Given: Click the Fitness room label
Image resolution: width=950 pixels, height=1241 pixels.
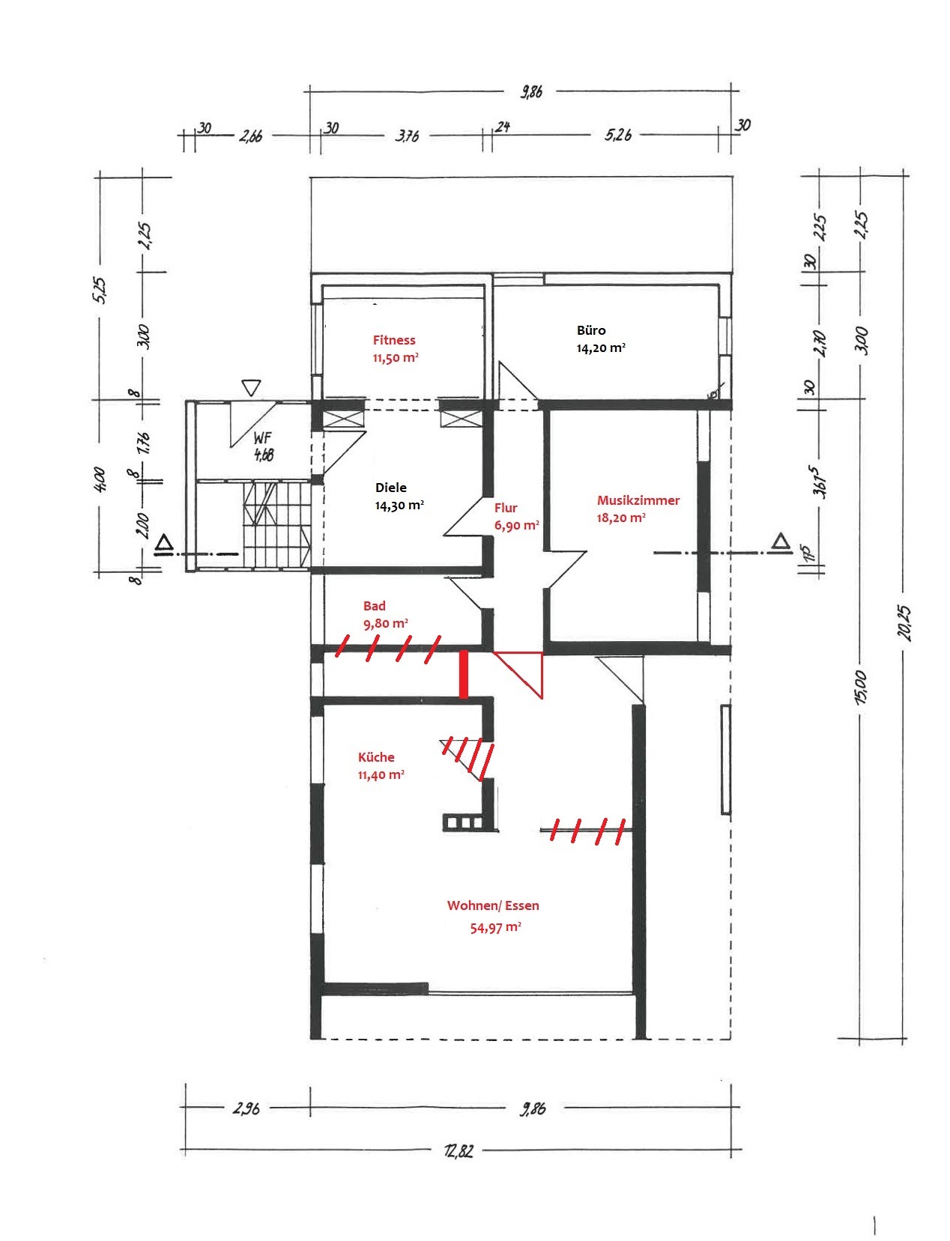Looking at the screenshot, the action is pos(394,340).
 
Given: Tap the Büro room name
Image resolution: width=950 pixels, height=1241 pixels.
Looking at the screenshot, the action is pos(591,330).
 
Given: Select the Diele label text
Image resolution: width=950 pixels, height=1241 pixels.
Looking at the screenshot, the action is pos(391,488).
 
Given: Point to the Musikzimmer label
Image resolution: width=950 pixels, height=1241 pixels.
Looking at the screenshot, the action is pos(638,500).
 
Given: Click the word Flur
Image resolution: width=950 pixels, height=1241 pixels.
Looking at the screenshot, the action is pos(506,508).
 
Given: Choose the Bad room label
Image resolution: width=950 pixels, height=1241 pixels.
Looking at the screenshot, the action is pos(375,605).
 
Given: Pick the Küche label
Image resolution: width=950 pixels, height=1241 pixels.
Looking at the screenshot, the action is pos(376,757).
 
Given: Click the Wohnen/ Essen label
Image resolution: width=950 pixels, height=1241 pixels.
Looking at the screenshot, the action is pos(493,905).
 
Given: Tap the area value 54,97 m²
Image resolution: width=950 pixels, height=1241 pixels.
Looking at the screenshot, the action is pos(496,927).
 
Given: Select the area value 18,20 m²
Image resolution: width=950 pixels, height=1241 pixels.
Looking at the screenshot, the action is pos(621,518).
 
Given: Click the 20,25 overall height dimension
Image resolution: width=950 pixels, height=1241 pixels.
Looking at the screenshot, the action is pos(904,622).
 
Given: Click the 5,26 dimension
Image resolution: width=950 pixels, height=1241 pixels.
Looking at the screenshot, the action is pos(618,135).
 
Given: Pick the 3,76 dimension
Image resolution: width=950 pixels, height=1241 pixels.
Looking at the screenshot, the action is pos(407,136).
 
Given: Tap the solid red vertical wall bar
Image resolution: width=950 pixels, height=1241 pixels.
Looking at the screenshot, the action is pos(464,674).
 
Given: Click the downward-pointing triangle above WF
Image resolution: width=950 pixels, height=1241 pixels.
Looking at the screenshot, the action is pos(251,387).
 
